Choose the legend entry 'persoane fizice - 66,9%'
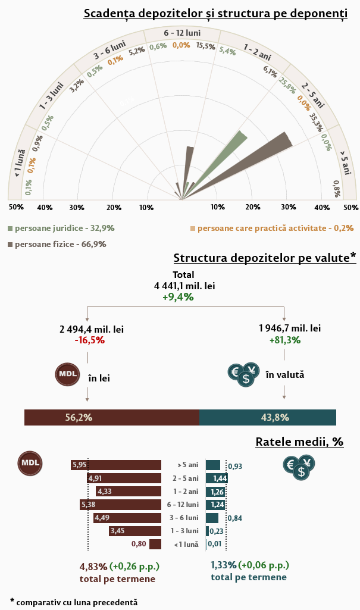[x=60, y=244]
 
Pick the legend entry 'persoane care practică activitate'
[x=275, y=228]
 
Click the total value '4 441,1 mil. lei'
[x=184, y=286]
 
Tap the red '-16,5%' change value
[x=90, y=340]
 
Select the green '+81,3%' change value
[x=285, y=340]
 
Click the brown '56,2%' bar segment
[x=112, y=417]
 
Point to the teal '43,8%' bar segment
[x=268, y=417]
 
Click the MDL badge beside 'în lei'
[x=66, y=374]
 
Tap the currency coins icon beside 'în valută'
[x=243, y=375]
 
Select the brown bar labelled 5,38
[x=121, y=504]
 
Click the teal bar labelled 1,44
[x=217, y=478]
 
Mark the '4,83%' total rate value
[x=93, y=565]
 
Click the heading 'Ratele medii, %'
[x=299, y=442]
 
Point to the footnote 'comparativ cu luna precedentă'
[x=77, y=602]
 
